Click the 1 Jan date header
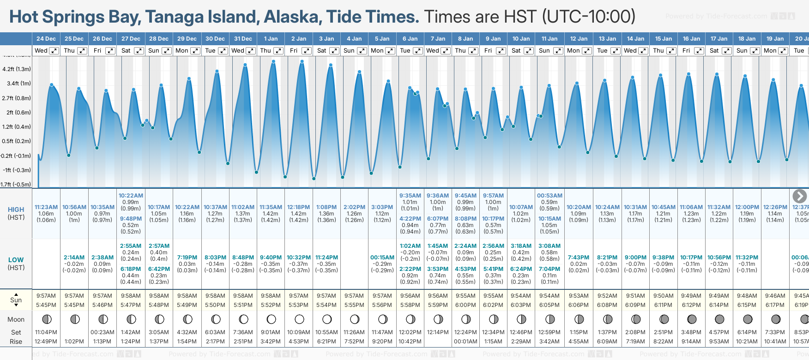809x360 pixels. [271, 39]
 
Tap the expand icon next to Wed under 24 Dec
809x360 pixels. [54, 51]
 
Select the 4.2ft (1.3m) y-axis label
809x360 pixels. [17, 69]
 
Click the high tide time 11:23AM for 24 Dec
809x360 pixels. [46, 207]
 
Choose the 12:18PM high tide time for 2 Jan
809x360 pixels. [299, 207]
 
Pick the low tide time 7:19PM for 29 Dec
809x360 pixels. [187, 258]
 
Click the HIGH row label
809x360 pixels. [16, 210]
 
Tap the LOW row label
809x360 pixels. [16, 260]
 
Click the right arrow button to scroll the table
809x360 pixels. [799, 196]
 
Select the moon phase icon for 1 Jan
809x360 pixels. [271, 319]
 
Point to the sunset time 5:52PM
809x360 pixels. [271, 305]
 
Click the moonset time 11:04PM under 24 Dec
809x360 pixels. [46, 332]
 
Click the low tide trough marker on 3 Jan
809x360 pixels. [314, 178]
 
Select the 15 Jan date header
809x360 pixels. [664, 39]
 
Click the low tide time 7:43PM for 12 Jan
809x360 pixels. [579, 258]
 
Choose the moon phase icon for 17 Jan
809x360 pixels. [719, 319]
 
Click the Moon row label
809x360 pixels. [16, 319]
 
